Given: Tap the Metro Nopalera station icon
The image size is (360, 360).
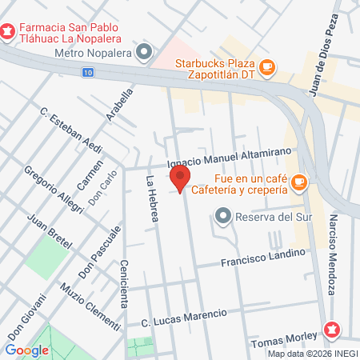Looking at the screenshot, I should click(x=145, y=54).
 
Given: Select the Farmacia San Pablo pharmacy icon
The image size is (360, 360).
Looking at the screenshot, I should click(x=8, y=32).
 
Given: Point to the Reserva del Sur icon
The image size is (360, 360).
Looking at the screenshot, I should click(x=223, y=215).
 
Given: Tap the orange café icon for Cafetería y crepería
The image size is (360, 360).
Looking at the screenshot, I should click(x=299, y=183).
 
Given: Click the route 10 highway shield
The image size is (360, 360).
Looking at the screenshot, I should click(x=86, y=72).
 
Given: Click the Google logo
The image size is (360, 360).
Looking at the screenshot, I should click(x=27, y=350).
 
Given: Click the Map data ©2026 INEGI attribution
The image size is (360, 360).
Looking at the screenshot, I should click(x=313, y=354).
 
